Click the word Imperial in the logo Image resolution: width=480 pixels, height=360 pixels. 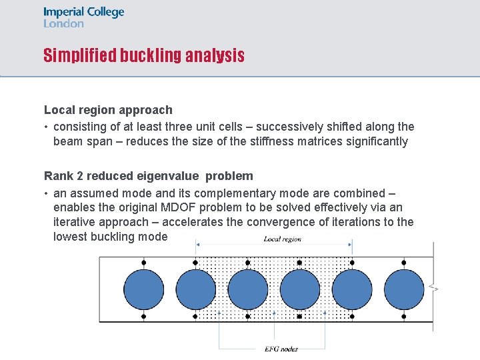pyautogui.click(x=63, y=12)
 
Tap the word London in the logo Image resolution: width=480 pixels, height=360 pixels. pyautogui.click(x=63, y=23)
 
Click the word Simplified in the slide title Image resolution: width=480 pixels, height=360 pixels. pyautogui.click(x=79, y=55)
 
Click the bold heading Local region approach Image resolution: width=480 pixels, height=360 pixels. pyautogui.click(x=108, y=110)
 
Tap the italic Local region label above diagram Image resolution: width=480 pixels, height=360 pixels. pyautogui.click(x=282, y=239)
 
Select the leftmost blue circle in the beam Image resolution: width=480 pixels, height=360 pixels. pyautogui.click(x=143, y=289)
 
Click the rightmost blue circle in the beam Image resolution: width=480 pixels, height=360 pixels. pyautogui.click(x=403, y=289)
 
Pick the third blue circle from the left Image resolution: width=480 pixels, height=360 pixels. pyautogui.click(x=247, y=289)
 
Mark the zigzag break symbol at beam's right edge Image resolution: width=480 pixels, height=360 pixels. pyautogui.click(x=434, y=289)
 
